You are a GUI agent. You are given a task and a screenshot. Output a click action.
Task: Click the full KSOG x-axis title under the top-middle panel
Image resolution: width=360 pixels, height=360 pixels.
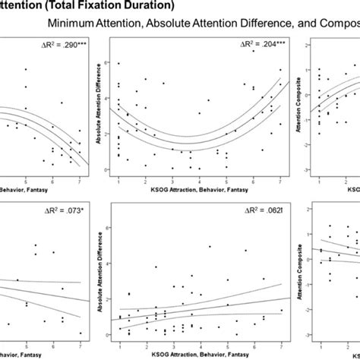point(199,190)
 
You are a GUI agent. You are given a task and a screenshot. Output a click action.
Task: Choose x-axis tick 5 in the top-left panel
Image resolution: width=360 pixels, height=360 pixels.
point(27,179)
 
